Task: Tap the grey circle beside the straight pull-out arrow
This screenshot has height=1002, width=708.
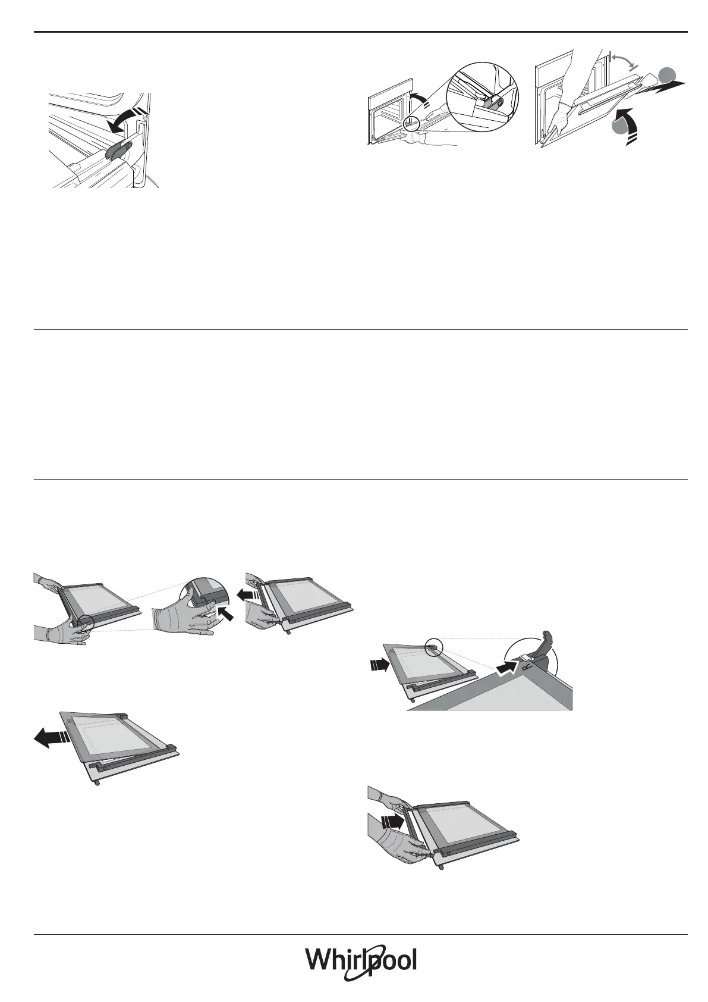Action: point(667,75)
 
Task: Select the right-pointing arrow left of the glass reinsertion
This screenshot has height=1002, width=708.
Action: point(378,665)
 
